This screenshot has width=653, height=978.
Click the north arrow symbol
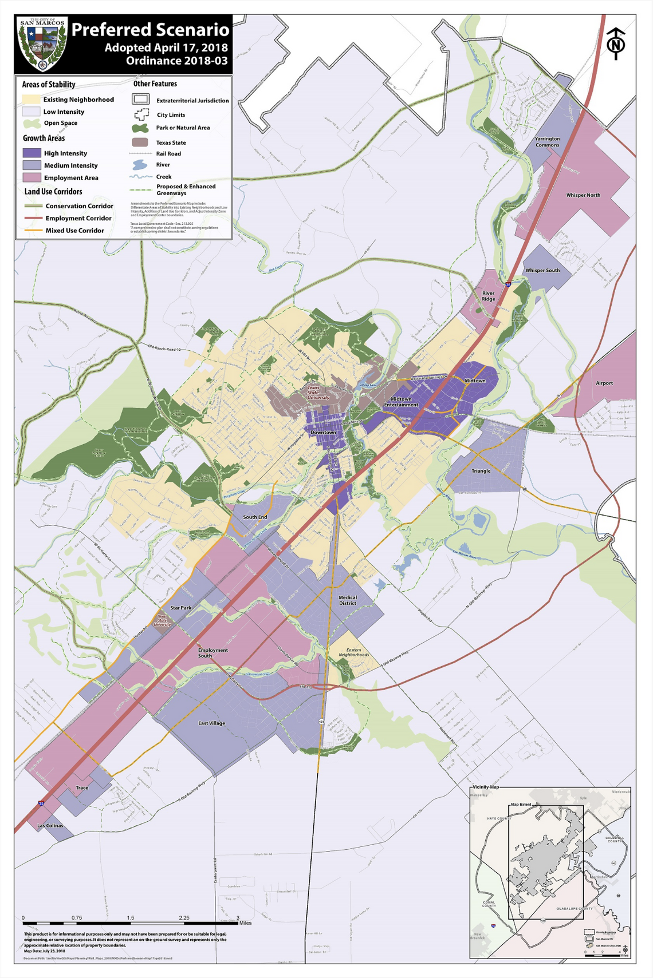616,44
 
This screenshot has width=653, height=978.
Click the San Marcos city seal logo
42,45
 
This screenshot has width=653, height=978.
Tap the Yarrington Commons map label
547,142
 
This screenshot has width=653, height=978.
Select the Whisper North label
583,195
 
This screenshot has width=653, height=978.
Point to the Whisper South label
542,270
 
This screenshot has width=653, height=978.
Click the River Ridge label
488,296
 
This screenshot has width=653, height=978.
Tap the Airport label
604,383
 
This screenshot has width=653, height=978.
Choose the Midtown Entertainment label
401,402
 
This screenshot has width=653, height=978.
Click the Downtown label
323,432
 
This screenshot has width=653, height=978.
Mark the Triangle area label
481,471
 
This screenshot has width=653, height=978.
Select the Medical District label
347,600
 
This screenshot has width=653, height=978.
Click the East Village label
211,723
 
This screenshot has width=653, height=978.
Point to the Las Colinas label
50,825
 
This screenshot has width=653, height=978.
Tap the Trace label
82,787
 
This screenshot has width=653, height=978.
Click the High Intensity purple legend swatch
32,153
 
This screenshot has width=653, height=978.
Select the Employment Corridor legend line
33,218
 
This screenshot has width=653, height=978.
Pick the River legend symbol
140,165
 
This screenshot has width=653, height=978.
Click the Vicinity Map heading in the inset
486,787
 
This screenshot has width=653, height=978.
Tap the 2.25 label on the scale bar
184,917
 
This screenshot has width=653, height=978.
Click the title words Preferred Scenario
150,30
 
